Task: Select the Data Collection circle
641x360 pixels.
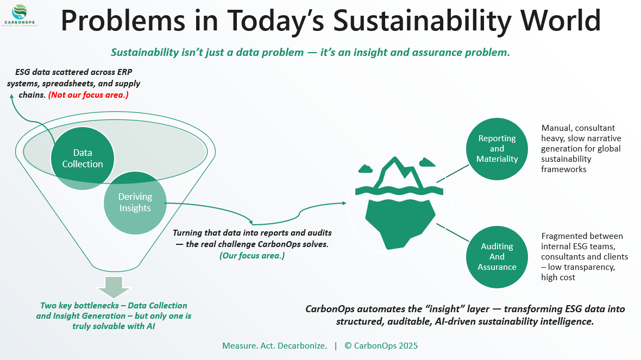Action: tap(83, 158)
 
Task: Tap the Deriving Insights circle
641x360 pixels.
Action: tap(135, 202)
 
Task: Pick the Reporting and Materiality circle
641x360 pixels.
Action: tap(497, 149)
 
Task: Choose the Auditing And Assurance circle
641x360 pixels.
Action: tap(497, 257)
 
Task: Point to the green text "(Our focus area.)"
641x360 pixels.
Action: tap(253, 256)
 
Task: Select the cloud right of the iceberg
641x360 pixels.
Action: tap(428, 162)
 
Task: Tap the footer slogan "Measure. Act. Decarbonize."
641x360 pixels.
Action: tap(274, 345)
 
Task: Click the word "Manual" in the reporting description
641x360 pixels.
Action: tap(557, 128)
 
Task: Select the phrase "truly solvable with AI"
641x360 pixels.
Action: tap(114, 326)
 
